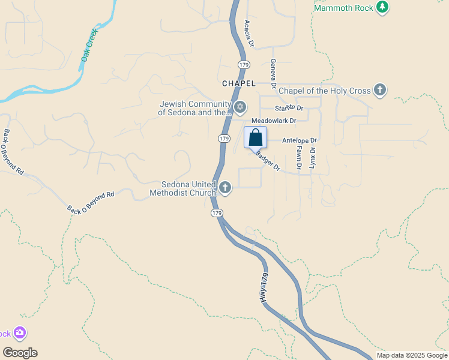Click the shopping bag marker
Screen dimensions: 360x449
point(255,137)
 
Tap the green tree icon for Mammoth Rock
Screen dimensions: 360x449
point(382,7)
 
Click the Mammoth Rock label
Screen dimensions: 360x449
point(343,7)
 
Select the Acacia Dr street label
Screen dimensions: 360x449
point(249,34)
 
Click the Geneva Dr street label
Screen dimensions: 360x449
point(273,73)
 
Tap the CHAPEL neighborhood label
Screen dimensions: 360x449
point(239,83)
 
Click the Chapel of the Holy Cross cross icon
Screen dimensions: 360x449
point(379,91)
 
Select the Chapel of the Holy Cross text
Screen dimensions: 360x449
point(325,91)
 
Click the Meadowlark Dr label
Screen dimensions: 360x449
point(274,121)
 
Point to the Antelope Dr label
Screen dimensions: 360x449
point(300,140)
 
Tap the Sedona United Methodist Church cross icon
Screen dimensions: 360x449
point(225,188)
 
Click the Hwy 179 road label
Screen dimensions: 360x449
point(264,289)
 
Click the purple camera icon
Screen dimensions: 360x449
point(20,332)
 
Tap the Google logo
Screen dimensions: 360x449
point(20,353)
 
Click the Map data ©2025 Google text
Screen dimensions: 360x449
point(411,355)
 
